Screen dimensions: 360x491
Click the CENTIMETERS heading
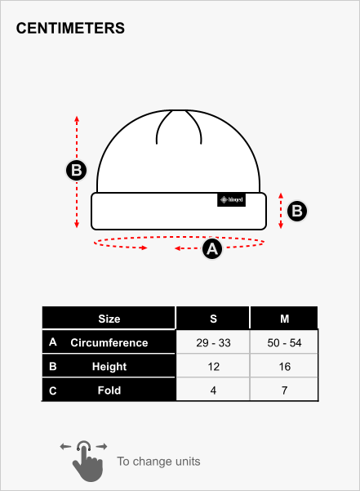click(70, 28)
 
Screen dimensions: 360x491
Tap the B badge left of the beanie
click(76, 171)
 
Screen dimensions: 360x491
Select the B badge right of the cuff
click(297, 211)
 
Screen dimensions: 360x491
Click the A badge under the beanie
click(212, 249)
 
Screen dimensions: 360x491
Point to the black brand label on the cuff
click(232, 200)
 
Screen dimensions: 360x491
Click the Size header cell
click(109, 318)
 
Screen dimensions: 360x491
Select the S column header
click(213, 318)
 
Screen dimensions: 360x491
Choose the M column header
click(284, 318)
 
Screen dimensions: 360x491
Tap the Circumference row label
click(109, 342)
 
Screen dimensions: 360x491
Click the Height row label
click(109, 366)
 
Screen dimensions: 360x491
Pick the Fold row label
click(109, 391)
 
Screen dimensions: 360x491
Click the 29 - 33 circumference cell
click(213, 342)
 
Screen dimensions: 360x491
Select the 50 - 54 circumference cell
click(284, 342)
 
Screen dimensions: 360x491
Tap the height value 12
click(214, 366)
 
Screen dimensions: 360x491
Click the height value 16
click(285, 366)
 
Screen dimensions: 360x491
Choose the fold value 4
click(213, 391)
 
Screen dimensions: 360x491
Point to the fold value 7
click(284, 391)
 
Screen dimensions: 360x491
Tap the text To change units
click(158, 462)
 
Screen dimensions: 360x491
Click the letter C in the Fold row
click(53, 391)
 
